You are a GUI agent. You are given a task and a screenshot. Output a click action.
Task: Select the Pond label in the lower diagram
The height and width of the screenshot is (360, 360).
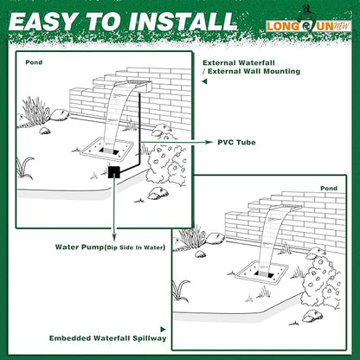coord(329,188)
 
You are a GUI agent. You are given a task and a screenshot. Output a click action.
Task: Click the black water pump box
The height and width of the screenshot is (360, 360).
coord(112,172)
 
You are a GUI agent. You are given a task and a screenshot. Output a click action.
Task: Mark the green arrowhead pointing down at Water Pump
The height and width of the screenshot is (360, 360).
coord(113,234)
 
